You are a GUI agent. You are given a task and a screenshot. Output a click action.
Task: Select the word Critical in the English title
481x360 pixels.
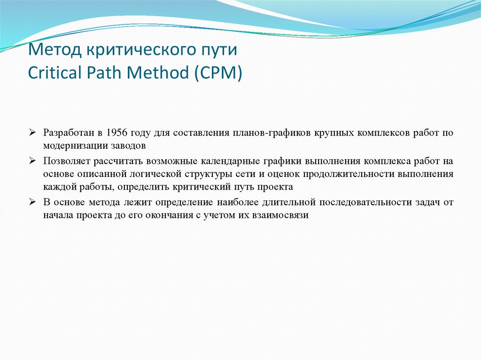pyautogui.click(x=50, y=73)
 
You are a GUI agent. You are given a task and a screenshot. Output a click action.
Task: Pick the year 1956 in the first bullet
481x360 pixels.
pyautogui.click(x=116, y=133)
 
